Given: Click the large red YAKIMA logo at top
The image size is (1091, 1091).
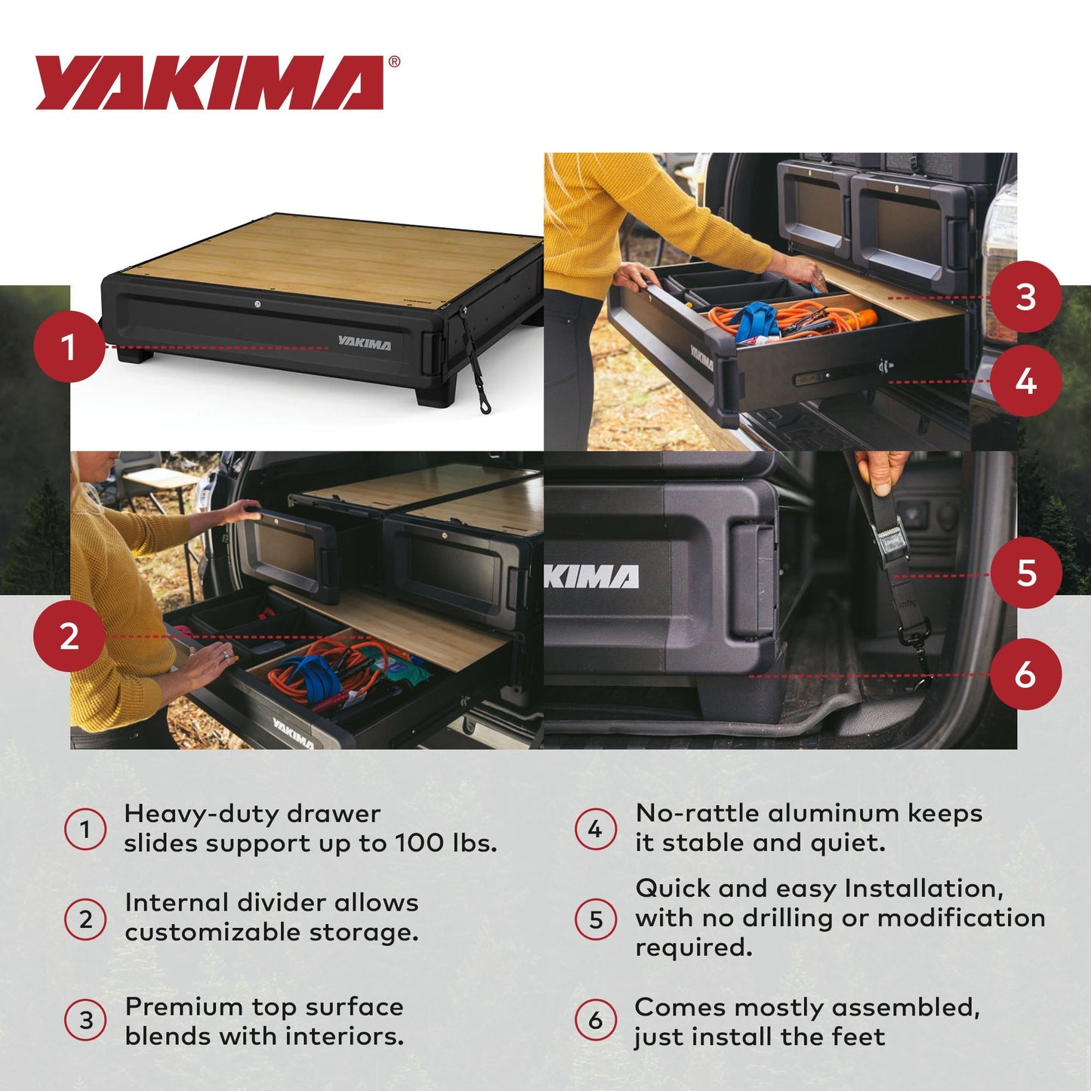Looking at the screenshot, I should click(210, 83).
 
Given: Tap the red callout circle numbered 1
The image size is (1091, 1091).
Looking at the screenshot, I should click(69, 347).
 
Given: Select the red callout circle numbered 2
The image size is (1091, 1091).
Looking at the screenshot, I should click(69, 636).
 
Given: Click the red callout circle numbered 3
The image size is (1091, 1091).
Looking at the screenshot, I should click(1025, 297).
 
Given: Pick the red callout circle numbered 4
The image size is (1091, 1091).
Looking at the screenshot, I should click(1025, 381).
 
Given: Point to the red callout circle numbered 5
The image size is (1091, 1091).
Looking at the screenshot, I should click(1025, 573).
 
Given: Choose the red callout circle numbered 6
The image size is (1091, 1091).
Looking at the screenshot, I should click(1025, 674).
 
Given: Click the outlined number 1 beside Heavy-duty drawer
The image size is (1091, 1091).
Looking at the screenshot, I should click(85, 829).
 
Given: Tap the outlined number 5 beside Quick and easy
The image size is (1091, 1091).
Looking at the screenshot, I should click(596, 920).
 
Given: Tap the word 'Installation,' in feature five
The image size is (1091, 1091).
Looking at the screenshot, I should click(924, 889).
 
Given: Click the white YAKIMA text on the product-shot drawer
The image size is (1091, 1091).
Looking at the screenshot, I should click(365, 344).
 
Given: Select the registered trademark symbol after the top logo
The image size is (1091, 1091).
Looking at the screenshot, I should click(393, 63).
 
